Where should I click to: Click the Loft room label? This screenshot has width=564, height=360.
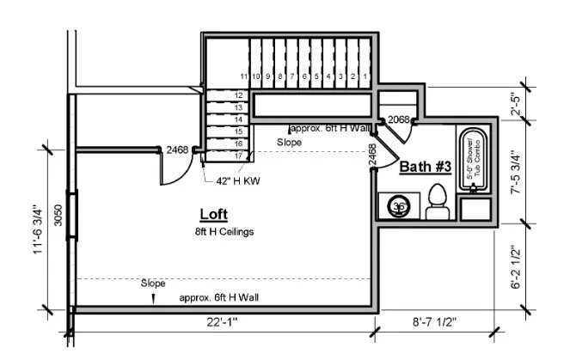213,215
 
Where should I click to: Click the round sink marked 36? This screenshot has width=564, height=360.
398,206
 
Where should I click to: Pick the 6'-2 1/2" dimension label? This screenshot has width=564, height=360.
516,268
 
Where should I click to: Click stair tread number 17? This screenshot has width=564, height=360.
239,156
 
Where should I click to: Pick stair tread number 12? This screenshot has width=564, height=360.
239,95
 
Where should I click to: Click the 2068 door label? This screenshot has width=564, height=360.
398,119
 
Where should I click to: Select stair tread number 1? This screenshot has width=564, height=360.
365,76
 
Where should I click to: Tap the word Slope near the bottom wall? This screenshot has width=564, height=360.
153,283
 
